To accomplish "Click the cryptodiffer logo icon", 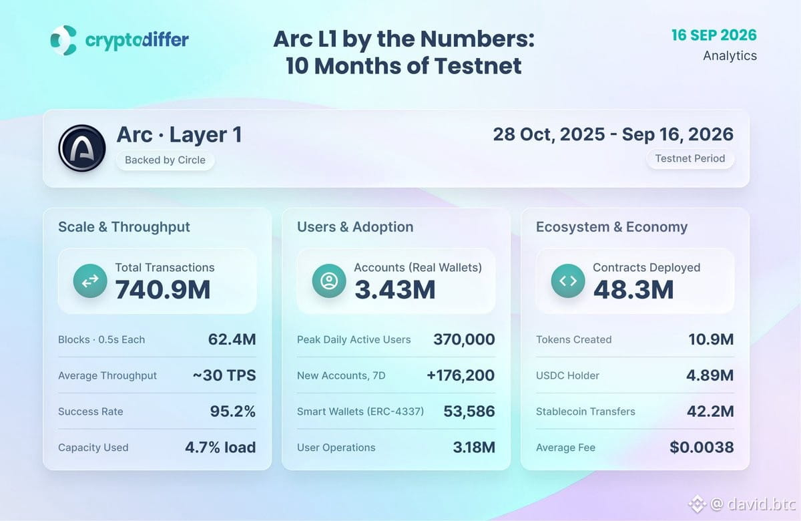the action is (x=63, y=40).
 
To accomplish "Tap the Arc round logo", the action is (x=82, y=148).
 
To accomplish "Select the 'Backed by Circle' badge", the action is (x=166, y=160).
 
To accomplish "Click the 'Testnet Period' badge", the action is (x=690, y=158).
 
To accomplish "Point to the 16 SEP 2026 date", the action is (x=714, y=35).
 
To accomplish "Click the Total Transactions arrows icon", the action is (x=90, y=281).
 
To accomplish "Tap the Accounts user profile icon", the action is (x=329, y=281).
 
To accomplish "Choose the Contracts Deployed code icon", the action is (x=568, y=281).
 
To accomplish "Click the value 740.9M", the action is (x=163, y=289).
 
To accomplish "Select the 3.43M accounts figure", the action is (x=394, y=289).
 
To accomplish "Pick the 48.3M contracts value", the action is (x=633, y=289).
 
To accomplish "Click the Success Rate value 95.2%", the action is (x=233, y=411).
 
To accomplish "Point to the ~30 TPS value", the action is (x=224, y=375).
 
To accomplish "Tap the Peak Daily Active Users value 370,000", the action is (x=464, y=339).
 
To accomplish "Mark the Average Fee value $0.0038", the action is (x=702, y=447).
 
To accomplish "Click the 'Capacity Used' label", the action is (x=93, y=448).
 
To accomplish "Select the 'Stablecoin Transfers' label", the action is (x=585, y=411).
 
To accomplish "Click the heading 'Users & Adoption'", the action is (x=355, y=227).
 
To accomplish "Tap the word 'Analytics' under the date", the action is (x=730, y=56).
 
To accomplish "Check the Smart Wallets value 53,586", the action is (x=469, y=411).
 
